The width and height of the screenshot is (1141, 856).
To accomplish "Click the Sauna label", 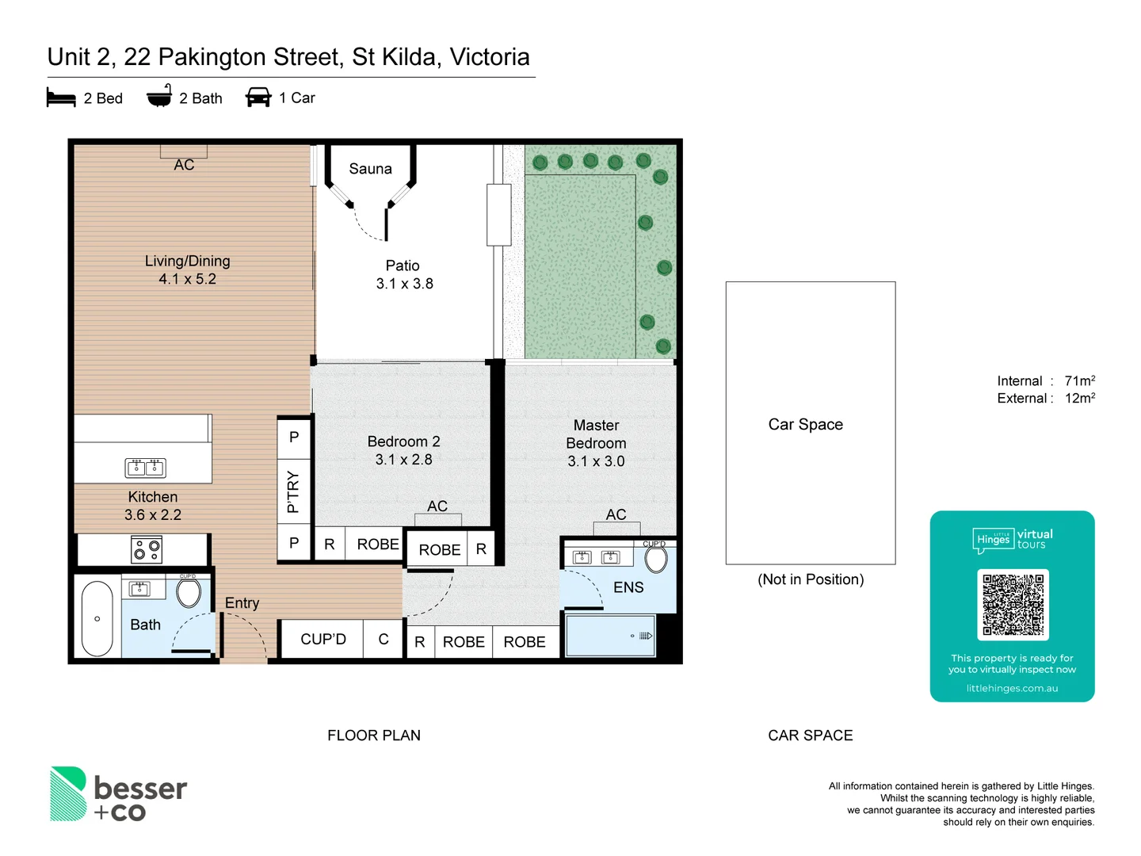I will point(370,169).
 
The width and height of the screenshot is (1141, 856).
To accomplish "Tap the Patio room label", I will point(403,266).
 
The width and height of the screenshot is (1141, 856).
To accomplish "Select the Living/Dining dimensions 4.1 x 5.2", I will point(187,279).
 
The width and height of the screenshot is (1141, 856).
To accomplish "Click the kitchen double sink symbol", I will point(145,468).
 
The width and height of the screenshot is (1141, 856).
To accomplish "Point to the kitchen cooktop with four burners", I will point(147,549).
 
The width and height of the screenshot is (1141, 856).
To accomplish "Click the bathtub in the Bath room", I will point(97,618).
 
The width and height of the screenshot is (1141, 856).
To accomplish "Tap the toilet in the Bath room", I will point(189,592).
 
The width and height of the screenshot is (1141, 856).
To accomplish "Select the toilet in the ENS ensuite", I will point(656,559).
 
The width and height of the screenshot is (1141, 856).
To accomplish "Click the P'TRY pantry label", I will point(293,491).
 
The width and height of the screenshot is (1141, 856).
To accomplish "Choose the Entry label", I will point(242,603).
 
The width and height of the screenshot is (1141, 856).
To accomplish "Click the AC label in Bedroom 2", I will point(437,506).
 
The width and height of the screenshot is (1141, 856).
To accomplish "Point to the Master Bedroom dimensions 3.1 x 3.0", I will point(596,461).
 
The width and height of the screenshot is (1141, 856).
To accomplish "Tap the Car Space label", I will point(805,424).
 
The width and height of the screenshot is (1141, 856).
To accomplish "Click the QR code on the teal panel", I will point(1013,605).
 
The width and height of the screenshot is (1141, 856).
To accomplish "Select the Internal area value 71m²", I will point(1079,381).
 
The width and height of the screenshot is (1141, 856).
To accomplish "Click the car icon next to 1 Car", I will point(258,97).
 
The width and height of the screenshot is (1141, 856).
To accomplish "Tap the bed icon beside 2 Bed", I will point(61,97).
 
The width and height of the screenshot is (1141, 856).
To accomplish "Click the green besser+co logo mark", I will point(68,793).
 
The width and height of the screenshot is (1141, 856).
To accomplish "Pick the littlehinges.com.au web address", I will point(1012,688).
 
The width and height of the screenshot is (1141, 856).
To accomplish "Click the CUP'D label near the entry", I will point(323,639).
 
